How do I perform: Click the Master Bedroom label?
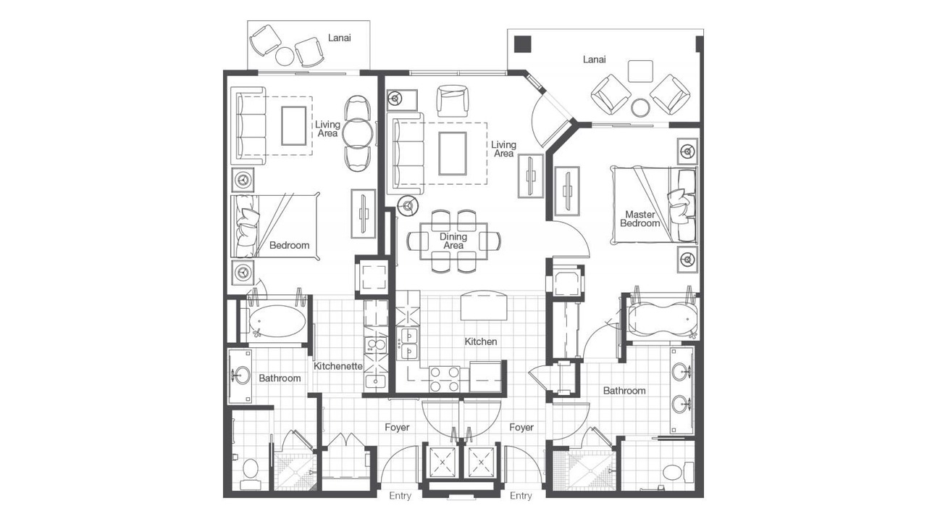639,219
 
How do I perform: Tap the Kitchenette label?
337,366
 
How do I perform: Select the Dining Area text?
453,241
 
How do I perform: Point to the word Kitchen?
480,341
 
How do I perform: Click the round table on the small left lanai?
285,57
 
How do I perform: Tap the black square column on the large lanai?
522,44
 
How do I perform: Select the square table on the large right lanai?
640,71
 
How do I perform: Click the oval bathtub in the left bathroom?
277,321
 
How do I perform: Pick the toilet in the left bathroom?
251,473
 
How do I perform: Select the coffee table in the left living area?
294,125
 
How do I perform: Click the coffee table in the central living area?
453,153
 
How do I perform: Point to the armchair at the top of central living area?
453,101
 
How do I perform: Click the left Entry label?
400,496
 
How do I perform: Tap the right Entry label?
521,496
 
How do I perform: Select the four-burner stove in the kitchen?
444,379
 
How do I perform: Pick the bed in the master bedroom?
654,205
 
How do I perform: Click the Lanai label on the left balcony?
340,38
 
